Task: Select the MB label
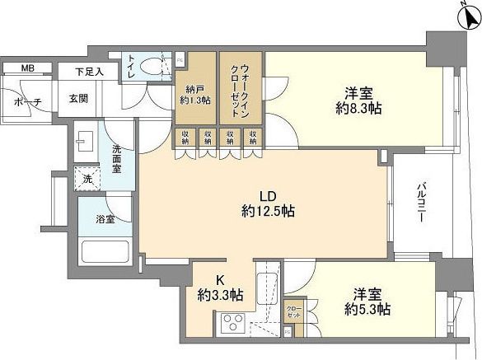pos(28,68)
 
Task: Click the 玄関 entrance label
pos(79,99)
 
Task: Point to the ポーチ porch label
pos(28,101)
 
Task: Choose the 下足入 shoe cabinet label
pos(90,72)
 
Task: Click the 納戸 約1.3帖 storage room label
pos(194,95)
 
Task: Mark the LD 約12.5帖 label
pos(266,204)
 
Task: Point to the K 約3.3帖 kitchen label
pos(218,288)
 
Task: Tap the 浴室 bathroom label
pos(104,220)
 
